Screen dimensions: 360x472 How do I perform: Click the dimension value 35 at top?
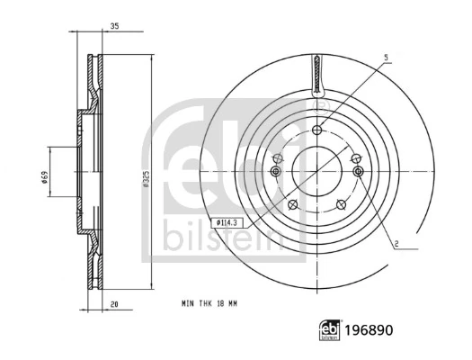coord(115,26)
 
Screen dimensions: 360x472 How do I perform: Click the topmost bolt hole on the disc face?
coord(317,130)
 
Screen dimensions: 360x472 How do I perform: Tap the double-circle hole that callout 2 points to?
coord(359,171)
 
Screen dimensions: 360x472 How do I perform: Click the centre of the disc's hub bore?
coord(317,171)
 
